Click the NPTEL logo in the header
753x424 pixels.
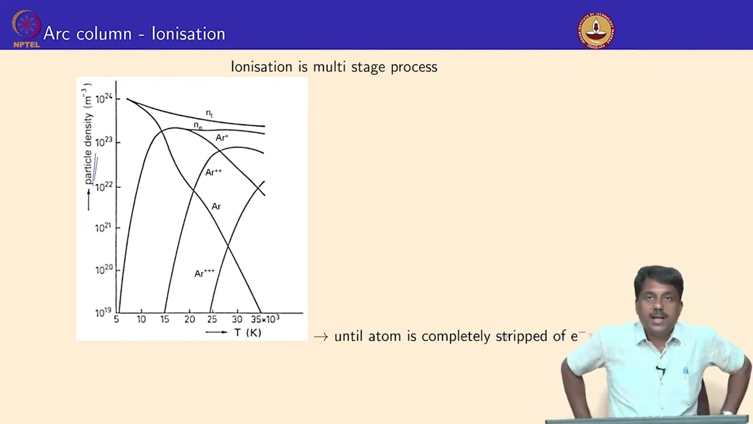coord(26,29)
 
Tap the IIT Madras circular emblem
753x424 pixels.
coord(596,30)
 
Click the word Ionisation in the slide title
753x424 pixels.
coord(188,34)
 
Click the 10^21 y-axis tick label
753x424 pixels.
coord(103,228)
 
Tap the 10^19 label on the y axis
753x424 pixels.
coord(103,313)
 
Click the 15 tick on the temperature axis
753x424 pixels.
coord(165,319)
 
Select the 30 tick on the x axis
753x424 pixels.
coord(237,319)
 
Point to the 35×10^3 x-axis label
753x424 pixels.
coord(265,319)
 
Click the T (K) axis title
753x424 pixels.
coord(248,333)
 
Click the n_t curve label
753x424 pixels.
coord(209,114)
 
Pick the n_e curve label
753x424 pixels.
coord(198,126)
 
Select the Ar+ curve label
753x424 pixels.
coord(222,137)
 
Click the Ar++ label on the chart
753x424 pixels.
coord(214,172)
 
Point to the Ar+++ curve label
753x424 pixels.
coord(204,273)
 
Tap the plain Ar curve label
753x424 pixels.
coord(216,206)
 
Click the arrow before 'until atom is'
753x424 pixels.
coord(321,337)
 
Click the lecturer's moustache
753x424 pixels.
coord(658,315)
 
